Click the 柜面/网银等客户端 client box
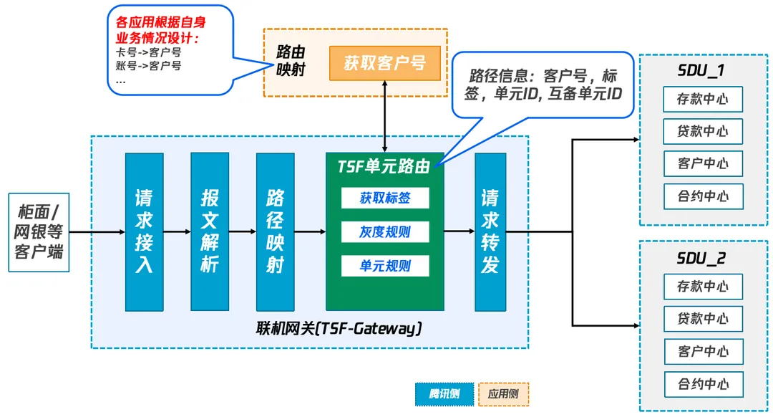(39, 231)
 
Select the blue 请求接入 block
(144, 231)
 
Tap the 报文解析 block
(210, 231)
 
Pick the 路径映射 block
(275, 231)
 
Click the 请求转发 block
(490, 231)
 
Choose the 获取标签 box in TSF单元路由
(385, 198)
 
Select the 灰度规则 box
(385, 231)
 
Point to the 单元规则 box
(385, 266)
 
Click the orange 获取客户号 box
(384, 63)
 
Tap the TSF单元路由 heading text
(384, 166)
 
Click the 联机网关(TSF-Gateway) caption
(339, 329)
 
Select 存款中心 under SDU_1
(703, 99)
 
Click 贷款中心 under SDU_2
(703, 319)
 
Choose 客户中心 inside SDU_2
(703, 351)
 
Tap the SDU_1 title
(701, 71)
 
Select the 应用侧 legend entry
(503, 393)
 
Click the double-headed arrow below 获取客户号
(385, 115)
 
